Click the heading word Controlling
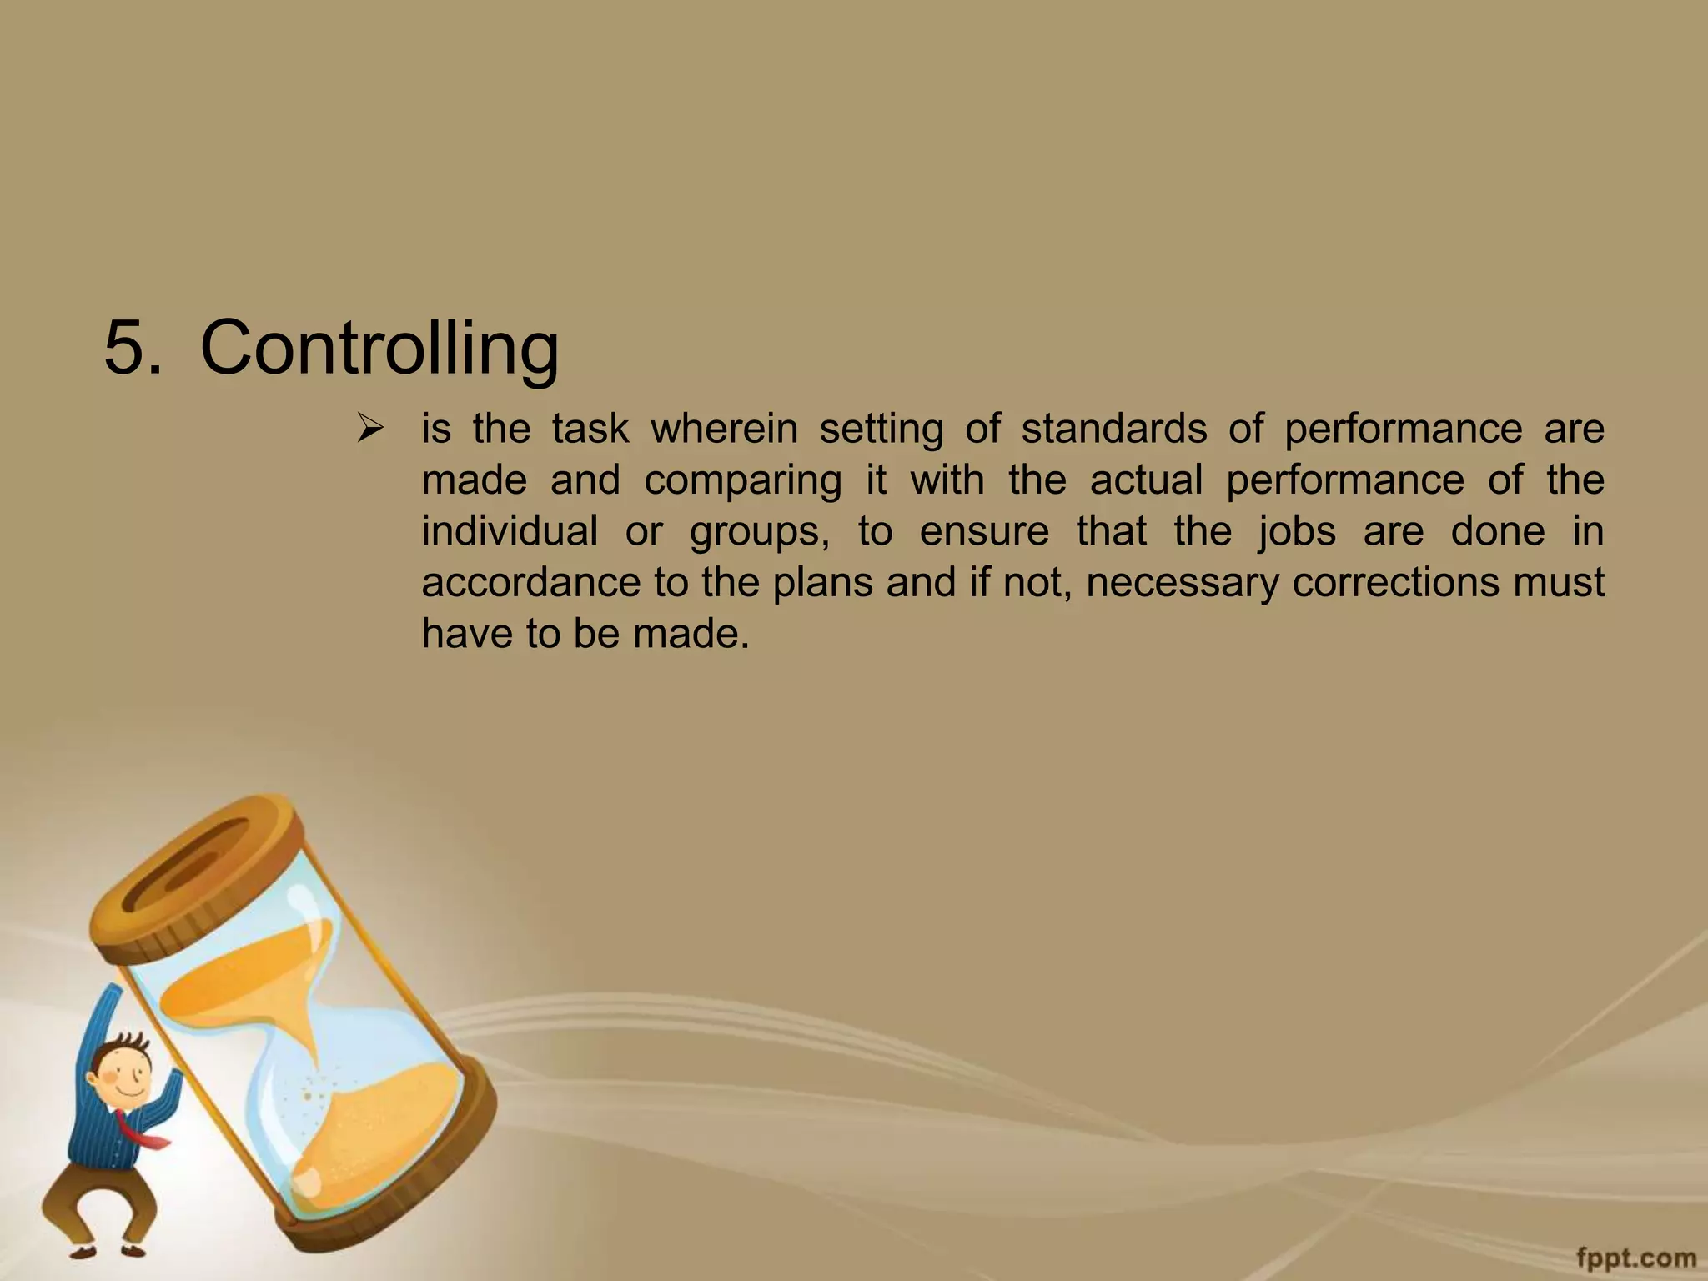pos(379,348)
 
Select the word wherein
pos(723,430)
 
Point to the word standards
pos(1113,430)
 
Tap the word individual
pos(509,531)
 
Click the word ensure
pos(984,532)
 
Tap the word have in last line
pos(464,634)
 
